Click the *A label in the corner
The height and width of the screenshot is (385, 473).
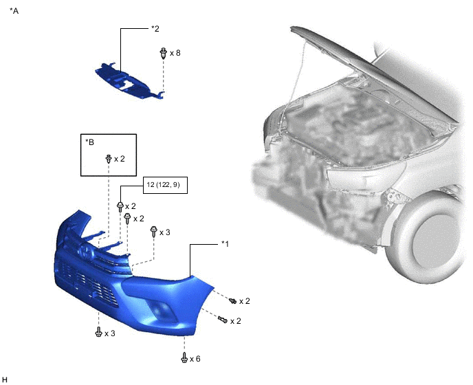click(14, 11)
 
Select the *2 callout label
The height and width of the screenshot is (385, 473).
click(155, 29)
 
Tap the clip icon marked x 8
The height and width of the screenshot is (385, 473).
click(163, 53)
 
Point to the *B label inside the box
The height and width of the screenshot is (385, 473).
click(89, 142)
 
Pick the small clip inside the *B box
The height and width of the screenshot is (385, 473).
click(109, 159)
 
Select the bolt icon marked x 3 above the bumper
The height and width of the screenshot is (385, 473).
click(154, 232)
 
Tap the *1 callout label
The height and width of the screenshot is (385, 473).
click(225, 243)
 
